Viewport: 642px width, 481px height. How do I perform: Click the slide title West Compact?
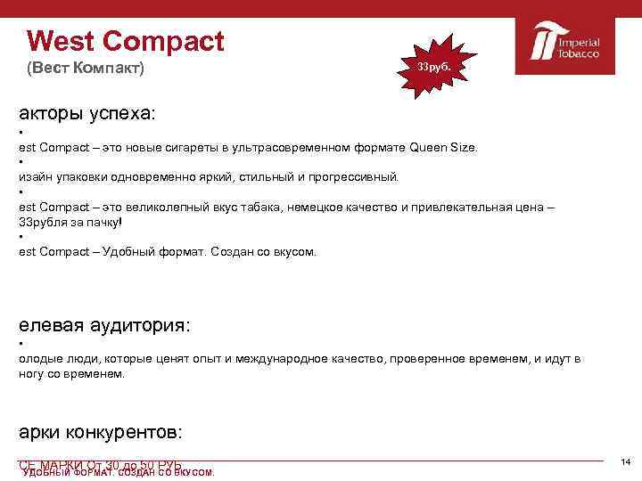click(x=126, y=41)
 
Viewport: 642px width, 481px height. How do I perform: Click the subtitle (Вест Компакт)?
click(x=85, y=69)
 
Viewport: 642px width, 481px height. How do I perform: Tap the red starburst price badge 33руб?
click(x=432, y=68)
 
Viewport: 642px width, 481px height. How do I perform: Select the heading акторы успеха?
click(x=86, y=115)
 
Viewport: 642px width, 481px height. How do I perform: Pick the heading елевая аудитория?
click(x=103, y=325)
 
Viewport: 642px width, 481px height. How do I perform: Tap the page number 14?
click(x=625, y=461)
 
